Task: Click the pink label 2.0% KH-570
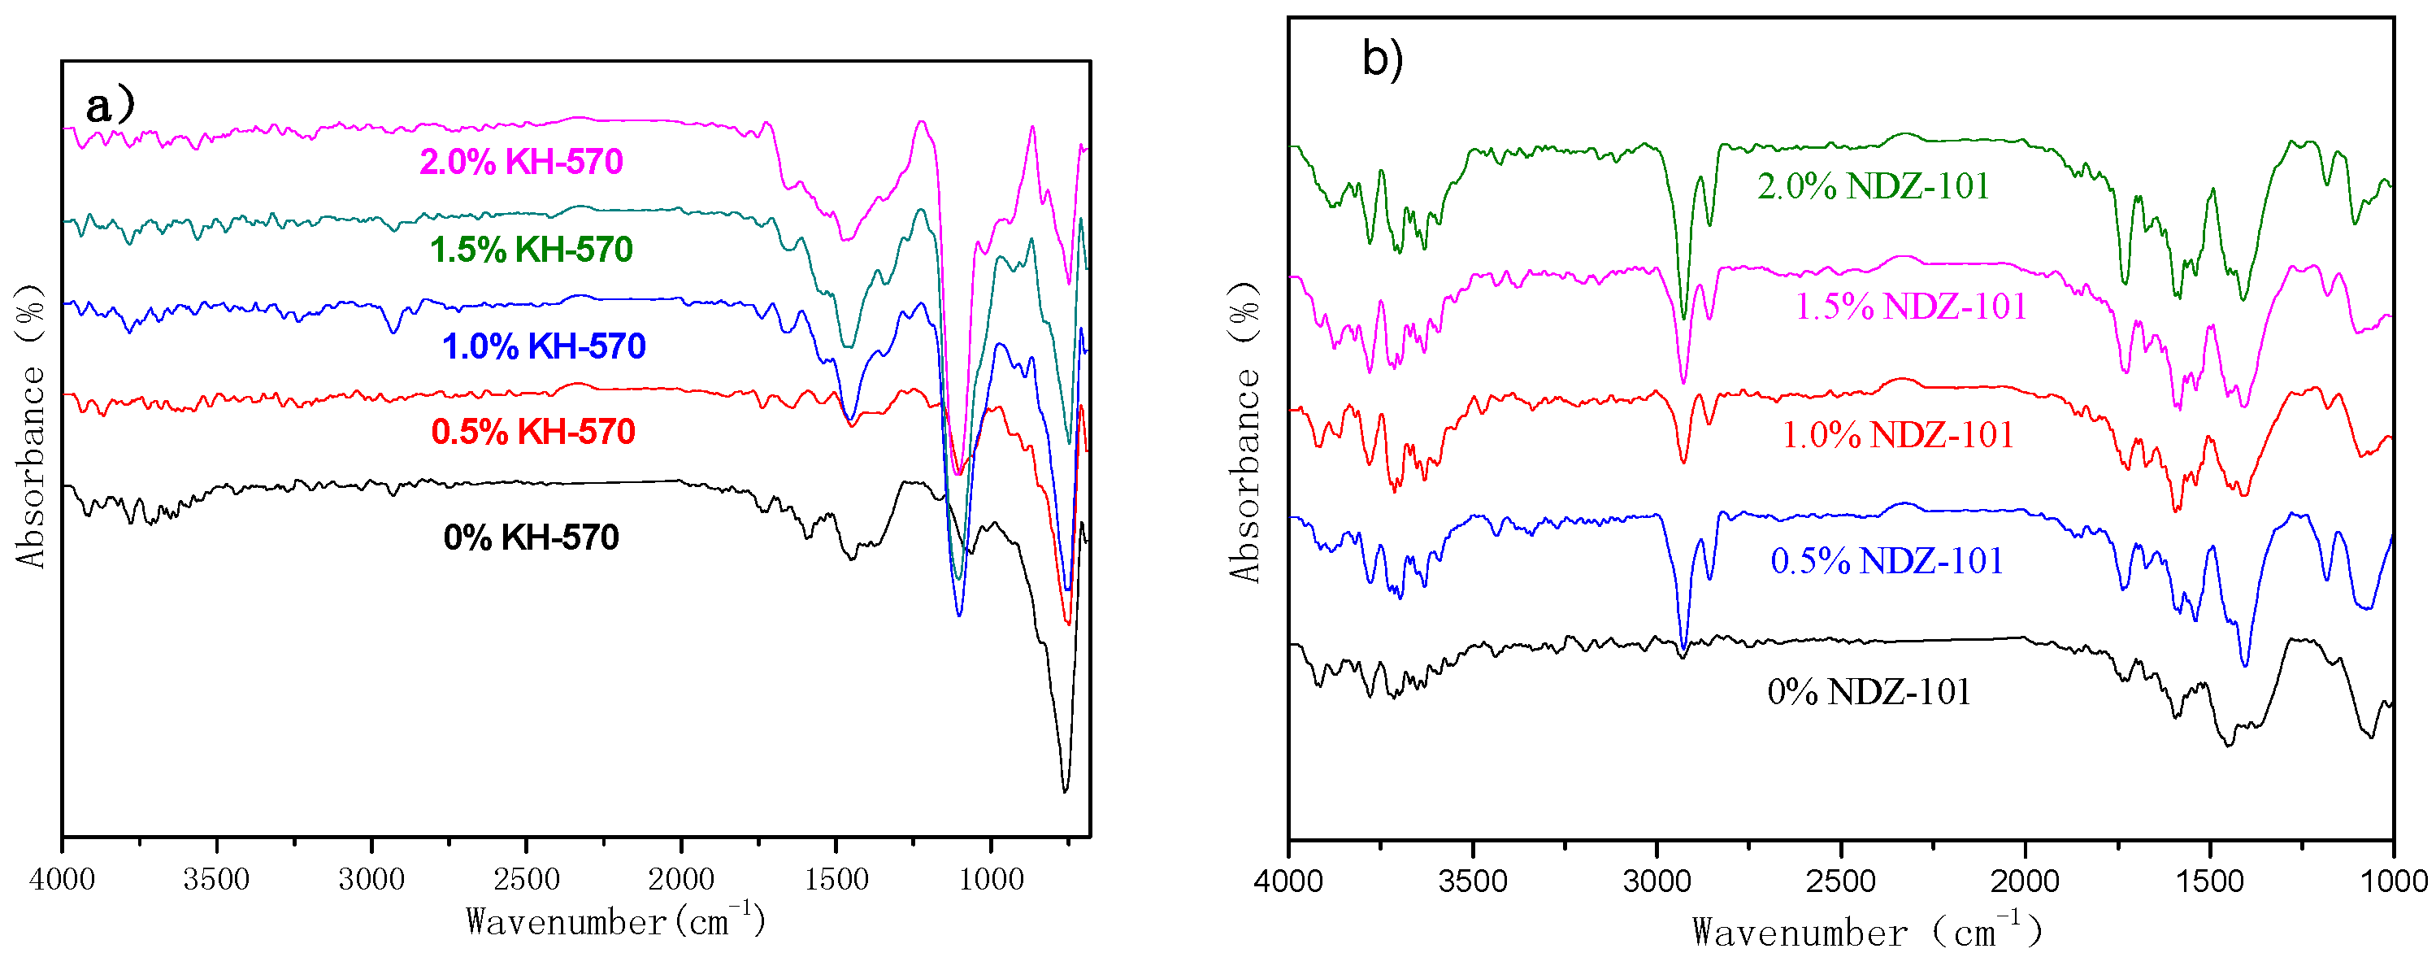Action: point(521,162)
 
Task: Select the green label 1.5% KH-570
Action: point(531,250)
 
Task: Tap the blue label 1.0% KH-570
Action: point(544,346)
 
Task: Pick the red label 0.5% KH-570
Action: point(532,433)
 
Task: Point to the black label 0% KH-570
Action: point(531,537)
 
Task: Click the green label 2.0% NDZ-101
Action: point(1873,186)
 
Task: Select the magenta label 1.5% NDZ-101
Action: point(1910,307)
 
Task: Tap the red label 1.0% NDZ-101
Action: point(1897,435)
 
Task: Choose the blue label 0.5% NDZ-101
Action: point(1886,561)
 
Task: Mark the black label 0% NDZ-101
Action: point(1869,692)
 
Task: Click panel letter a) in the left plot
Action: point(110,105)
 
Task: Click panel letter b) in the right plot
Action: point(1382,59)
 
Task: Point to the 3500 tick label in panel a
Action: point(216,879)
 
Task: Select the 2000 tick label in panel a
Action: point(681,879)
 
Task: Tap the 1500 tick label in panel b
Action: point(2210,881)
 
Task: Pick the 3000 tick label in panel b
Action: point(1657,881)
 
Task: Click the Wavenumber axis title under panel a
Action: point(614,920)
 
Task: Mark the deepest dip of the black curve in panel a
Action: point(1065,790)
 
